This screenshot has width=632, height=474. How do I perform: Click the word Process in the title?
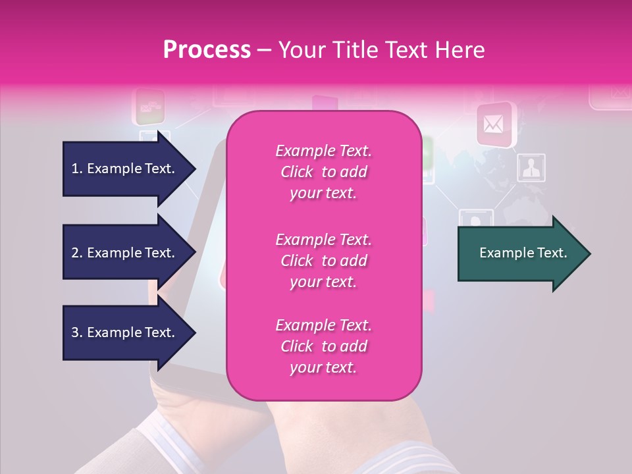point(207,50)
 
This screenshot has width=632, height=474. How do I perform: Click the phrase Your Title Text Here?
point(381,50)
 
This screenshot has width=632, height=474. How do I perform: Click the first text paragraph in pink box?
point(323,172)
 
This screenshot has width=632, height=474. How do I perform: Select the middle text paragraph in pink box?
point(323,261)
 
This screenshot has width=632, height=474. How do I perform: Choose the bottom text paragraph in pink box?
point(323,346)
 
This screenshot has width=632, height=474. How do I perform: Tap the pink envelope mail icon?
point(494,124)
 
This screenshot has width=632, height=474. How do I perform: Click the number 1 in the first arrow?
point(74,169)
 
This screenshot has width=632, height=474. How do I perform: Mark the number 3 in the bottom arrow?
point(75,332)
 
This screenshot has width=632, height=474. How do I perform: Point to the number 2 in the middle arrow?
point(75,253)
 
